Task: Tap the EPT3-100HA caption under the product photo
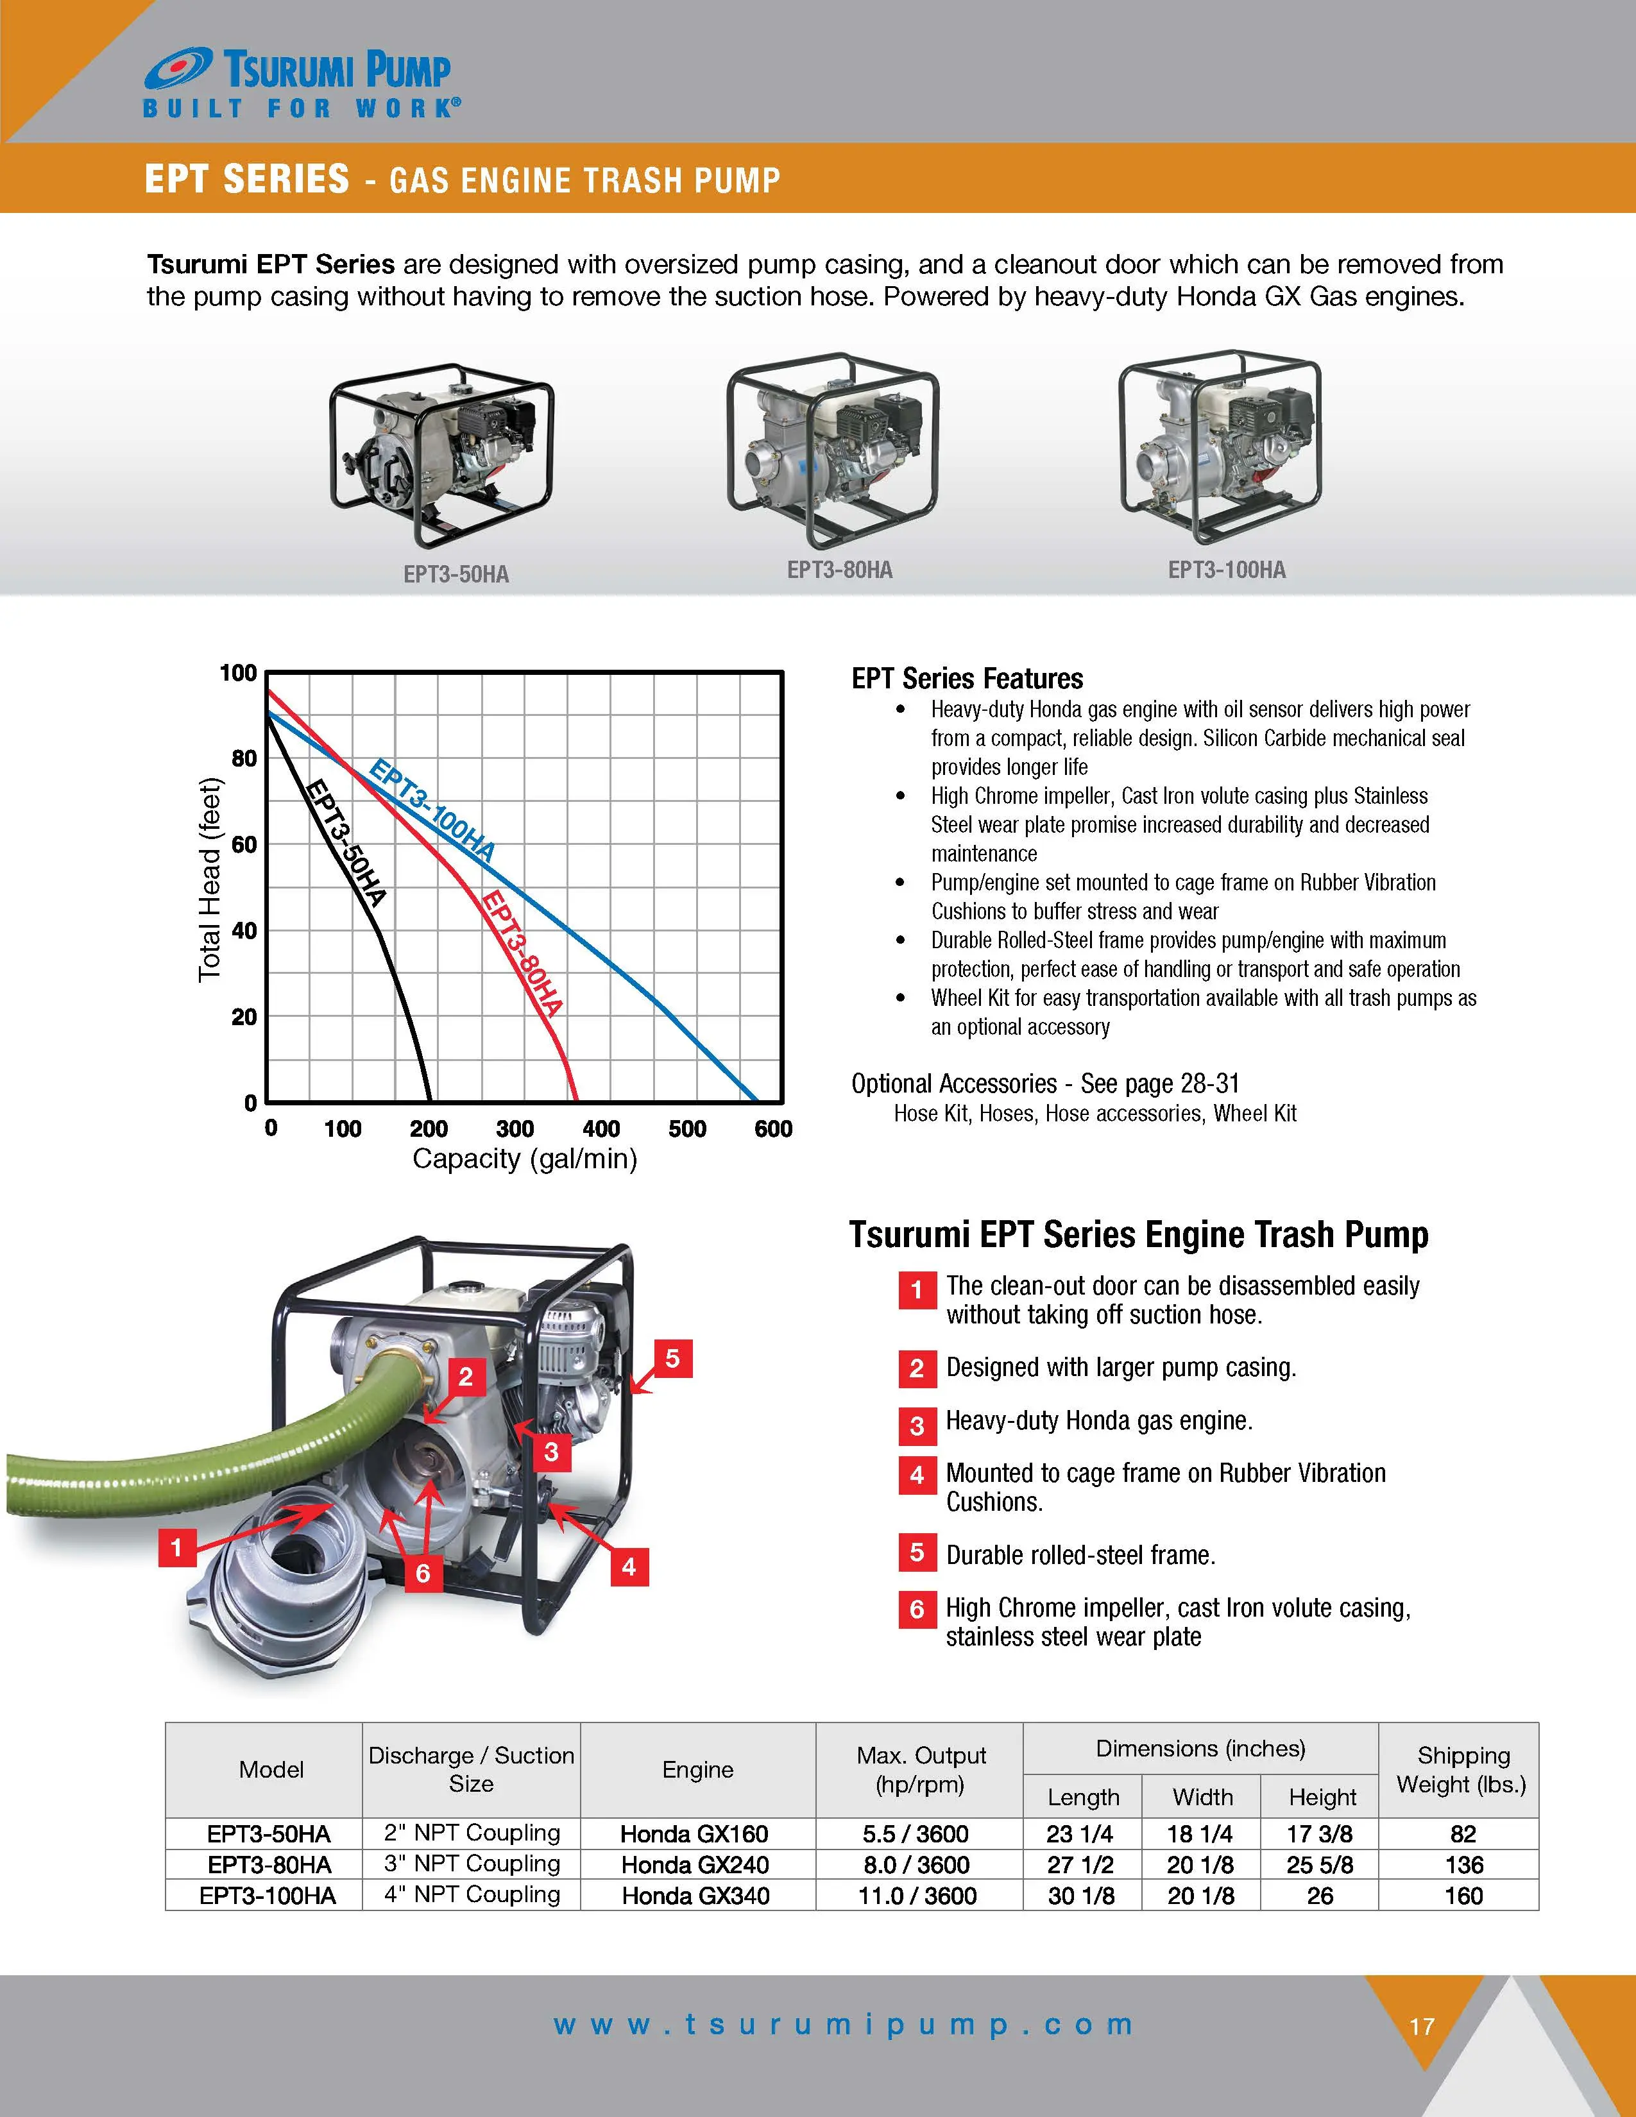(x=1226, y=570)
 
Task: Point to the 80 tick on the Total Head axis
(x=244, y=758)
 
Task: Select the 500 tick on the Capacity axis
(x=687, y=1128)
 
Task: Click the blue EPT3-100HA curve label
(x=432, y=812)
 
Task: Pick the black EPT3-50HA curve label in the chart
(x=346, y=842)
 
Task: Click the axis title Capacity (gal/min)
(x=524, y=1159)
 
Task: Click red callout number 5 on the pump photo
(x=672, y=1359)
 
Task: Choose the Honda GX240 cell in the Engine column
(x=695, y=1865)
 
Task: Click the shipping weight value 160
(x=1463, y=1896)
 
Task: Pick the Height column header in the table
(x=1322, y=1797)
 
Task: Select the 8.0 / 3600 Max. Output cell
(x=916, y=1865)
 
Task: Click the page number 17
(x=1422, y=2027)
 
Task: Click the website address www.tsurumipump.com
(x=843, y=2025)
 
